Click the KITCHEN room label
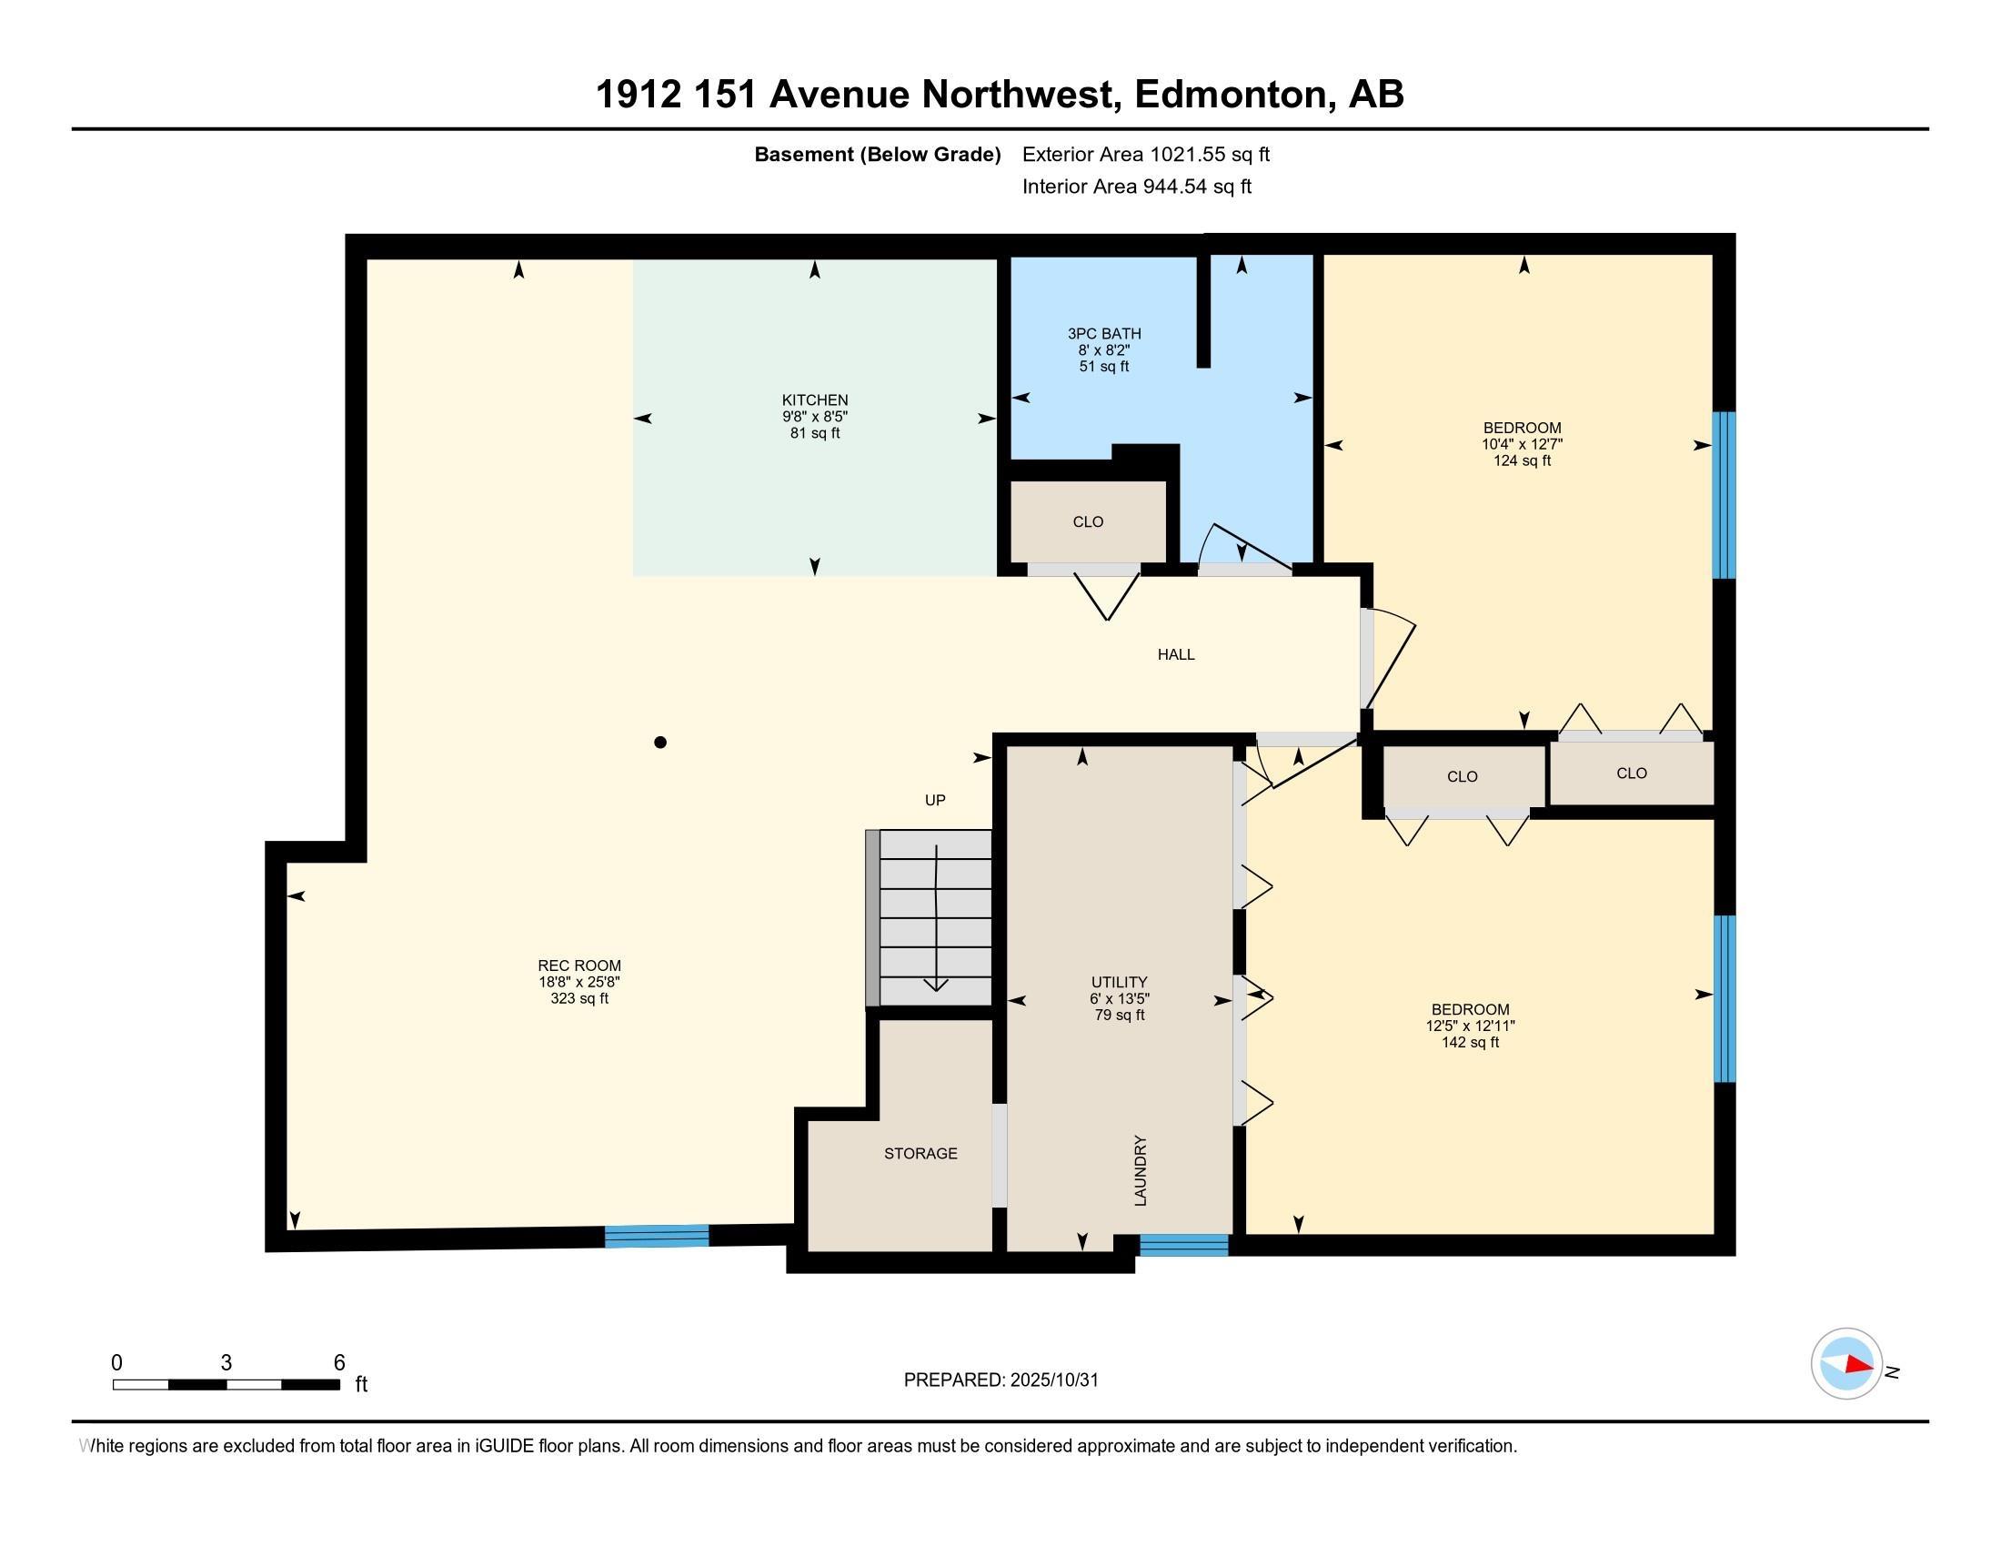click(x=815, y=400)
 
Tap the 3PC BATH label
click(x=1104, y=335)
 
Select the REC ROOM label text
click(x=579, y=966)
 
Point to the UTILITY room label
click(x=1119, y=983)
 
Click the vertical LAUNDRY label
click(x=1141, y=1170)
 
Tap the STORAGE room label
click(x=920, y=1154)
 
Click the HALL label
click(x=1175, y=654)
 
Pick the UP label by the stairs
click(x=934, y=800)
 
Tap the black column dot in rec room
click(x=659, y=743)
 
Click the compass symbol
click(x=1846, y=1364)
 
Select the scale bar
click(x=226, y=1384)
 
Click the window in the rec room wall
click(x=656, y=1237)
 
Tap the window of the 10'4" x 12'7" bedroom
click(x=1724, y=495)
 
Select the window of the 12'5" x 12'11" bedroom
click(x=1724, y=998)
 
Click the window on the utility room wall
click(x=1182, y=1245)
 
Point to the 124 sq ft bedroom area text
click(x=1522, y=461)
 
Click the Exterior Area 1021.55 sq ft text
click(x=1145, y=155)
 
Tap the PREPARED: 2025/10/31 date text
click(x=1000, y=1380)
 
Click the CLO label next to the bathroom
click(x=1088, y=522)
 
